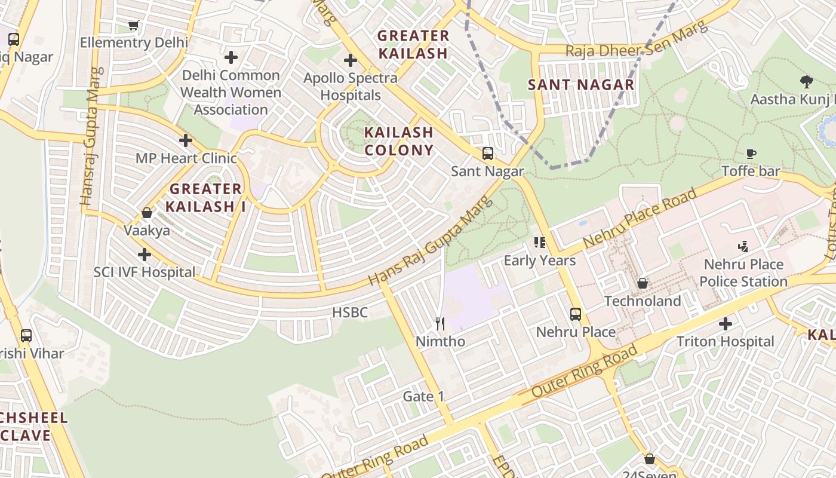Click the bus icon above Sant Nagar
[x=488, y=154]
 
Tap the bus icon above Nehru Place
[x=576, y=314]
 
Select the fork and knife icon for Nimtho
[x=440, y=324]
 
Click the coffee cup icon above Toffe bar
[x=751, y=154]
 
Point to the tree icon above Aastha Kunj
[x=806, y=81]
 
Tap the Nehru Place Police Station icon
[x=743, y=246]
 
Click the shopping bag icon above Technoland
[x=643, y=283]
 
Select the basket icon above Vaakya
[x=146, y=213]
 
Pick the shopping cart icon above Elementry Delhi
[x=134, y=25]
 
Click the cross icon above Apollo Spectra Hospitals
[x=351, y=60]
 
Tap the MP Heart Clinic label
[x=186, y=158]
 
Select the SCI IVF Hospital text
[x=145, y=272]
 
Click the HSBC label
[x=350, y=312]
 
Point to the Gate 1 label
[x=423, y=396]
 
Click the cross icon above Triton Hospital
[x=726, y=324]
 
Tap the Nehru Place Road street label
[x=640, y=219]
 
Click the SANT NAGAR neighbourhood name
[x=581, y=85]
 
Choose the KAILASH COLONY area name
[x=399, y=141]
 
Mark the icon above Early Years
[x=540, y=243]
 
